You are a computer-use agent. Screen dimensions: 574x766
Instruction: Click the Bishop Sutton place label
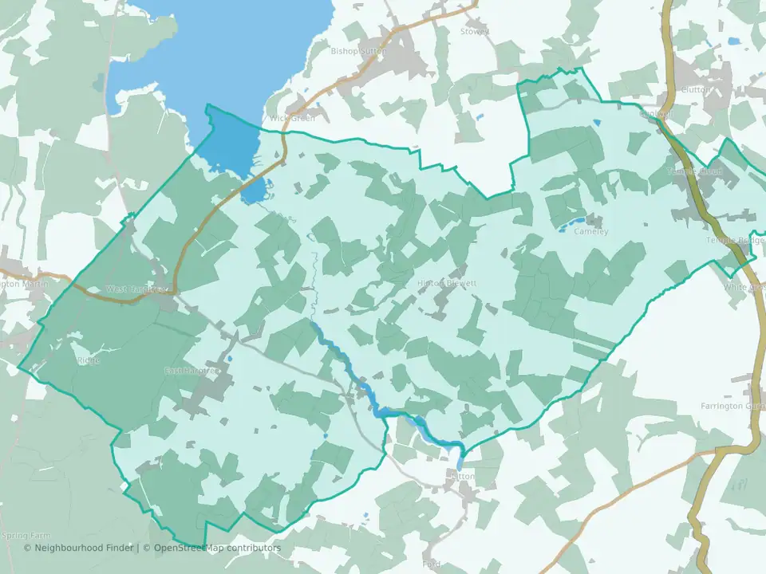[358, 51]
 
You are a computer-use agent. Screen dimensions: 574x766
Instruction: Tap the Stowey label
[475, 32]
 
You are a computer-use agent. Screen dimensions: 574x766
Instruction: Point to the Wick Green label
[292, 118]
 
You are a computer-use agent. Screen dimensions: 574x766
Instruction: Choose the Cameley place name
[591, 232]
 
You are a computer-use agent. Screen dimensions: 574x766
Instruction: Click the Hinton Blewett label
[447, 283]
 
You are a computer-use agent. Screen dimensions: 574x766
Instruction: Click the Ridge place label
[89, 360]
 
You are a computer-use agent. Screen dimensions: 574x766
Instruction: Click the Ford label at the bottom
[432, 564]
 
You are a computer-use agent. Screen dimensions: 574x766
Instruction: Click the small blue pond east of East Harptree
[229, 359]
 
